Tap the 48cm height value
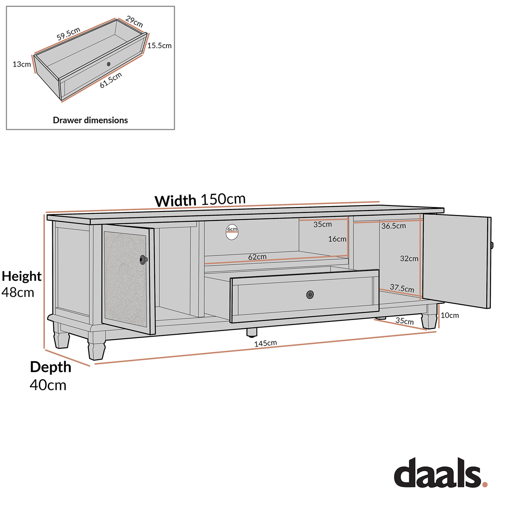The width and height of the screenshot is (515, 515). [18, 293]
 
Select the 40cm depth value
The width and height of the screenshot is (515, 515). [48, 385]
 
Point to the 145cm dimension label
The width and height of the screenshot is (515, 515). [266, 344]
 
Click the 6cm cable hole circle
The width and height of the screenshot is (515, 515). [232, 232]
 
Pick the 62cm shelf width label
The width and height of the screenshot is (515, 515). [257, 257]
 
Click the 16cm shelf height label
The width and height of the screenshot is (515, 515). [337, 239]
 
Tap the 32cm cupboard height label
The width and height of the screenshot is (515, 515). [409, 259]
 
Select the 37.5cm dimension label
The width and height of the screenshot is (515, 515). [402, 288]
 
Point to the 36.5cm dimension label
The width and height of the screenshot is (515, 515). [393, 226]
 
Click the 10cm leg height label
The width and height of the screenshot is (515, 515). [450, 315]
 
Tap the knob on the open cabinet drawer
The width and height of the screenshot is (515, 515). [310, 295]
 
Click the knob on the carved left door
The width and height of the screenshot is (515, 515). [143, 260]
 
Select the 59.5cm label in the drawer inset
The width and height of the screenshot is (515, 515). [68, 34]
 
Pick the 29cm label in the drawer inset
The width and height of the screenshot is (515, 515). [134, 22]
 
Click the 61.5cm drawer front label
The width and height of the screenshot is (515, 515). [111, 80]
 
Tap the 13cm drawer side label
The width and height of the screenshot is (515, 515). [22, 65]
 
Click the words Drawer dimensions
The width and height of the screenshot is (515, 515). [90, 120]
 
